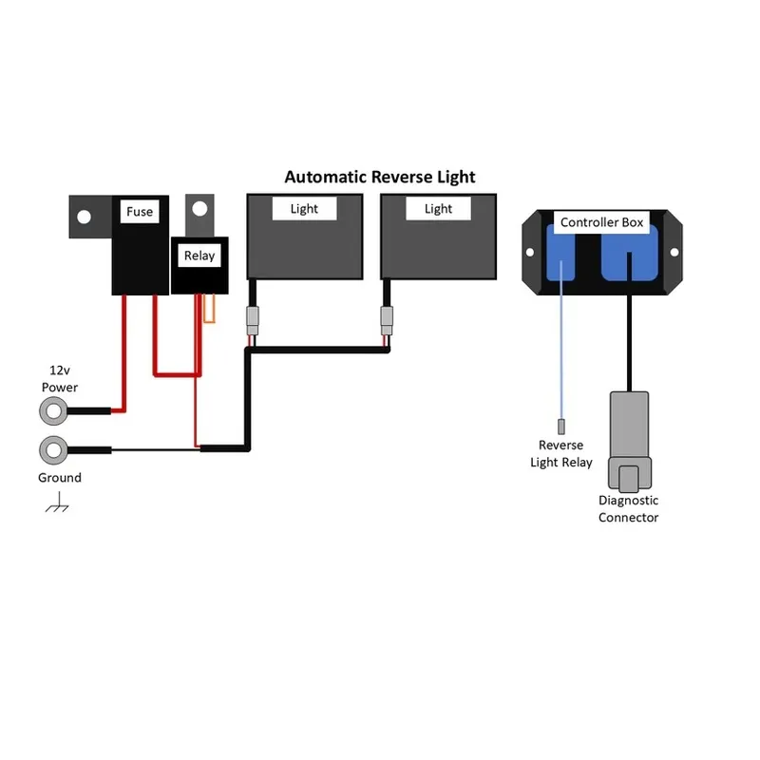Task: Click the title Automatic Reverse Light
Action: (380, 177)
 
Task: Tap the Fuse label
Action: (140, 212)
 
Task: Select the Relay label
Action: (199, 255)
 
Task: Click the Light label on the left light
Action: (304, 209)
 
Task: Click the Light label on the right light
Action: (438, 209)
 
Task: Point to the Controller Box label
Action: (601, 223)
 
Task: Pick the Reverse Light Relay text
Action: (561, 453)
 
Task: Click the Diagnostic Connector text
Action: (628, 508)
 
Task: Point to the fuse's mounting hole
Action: (84, 217)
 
